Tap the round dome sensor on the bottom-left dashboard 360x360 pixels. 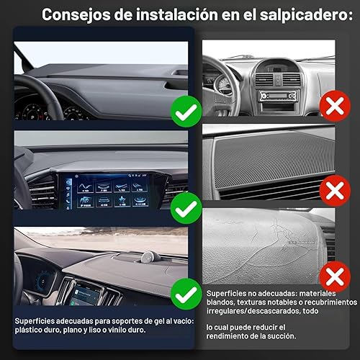[150, 257]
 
